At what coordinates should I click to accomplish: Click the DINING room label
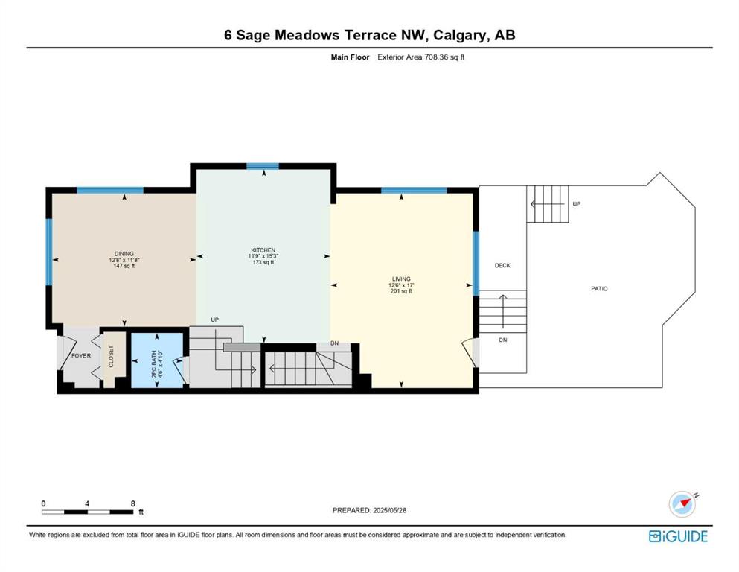tap(124, 254)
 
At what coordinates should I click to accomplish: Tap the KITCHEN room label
tap(263, 250)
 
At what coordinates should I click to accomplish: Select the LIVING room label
tap(401, 279)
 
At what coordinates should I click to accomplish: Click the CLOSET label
tap(111, 357)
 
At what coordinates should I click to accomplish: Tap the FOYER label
tap(81, 355)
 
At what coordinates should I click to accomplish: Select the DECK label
tap(502, 265)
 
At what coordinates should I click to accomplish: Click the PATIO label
tap(600, 288)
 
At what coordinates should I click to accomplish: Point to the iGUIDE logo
tap(678, 537)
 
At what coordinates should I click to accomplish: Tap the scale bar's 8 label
tap(133, 503)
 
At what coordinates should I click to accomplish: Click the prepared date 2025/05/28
tap(389, 510)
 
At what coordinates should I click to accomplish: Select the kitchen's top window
tap(263, 166)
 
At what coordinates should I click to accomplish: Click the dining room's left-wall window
tap(48, 252)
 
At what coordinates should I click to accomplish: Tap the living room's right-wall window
tap(476, 263)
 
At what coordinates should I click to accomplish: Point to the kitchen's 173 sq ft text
tap(263, 262)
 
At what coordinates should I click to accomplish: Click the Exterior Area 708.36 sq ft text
tap(421, 57)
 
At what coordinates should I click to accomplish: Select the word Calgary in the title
tap(459, 35)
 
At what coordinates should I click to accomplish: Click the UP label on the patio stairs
tap(577, 204)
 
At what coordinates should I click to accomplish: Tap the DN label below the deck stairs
tap(503, 340)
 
